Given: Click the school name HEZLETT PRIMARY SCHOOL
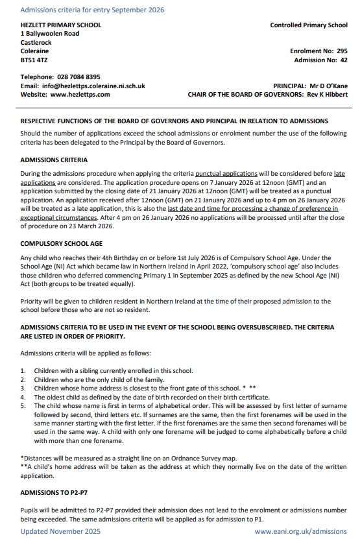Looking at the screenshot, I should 61,25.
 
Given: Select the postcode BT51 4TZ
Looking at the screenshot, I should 34,60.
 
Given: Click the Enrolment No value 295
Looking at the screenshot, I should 342,51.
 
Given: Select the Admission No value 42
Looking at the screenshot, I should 344,60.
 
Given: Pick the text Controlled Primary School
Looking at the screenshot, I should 308,25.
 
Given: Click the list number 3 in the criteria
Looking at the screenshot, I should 23,388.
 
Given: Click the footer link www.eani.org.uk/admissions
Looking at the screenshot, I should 301,531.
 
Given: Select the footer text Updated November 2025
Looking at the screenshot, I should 61,531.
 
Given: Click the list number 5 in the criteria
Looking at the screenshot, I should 23,405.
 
